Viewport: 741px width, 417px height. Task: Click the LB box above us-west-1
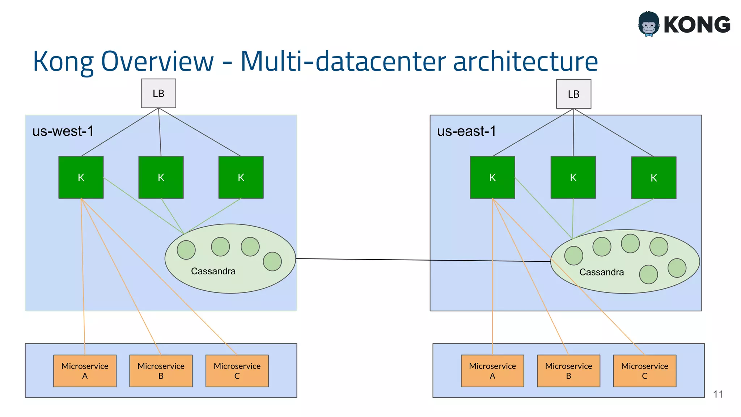pos(158,93)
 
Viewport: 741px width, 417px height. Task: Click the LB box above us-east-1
pos(573,94)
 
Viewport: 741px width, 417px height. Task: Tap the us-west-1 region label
pos(63,131)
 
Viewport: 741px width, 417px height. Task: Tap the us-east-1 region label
pos(466,131)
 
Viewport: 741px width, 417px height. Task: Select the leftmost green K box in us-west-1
pos(81,177)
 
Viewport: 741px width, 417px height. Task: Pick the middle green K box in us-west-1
pos(161,177)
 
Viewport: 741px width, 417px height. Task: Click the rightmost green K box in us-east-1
pos(653,178)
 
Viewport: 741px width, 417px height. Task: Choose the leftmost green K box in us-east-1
pos(492,177)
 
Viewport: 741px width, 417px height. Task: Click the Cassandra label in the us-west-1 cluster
pos(213,271)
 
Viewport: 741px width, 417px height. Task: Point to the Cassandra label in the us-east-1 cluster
pos(601,272)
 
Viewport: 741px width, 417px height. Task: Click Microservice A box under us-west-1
pos(85,371)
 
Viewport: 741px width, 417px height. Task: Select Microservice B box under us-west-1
pos(161,371)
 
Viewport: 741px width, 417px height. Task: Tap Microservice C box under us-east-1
pos(644,371)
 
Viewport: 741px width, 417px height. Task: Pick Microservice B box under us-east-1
pos(568,371)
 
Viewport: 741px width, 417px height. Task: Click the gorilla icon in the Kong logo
pos(649,24)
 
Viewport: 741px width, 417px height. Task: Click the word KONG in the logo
pos(697,25)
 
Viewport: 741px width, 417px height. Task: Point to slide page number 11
pos(718,394)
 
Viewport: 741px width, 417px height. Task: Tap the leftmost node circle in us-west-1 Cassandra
pos(186,250)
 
